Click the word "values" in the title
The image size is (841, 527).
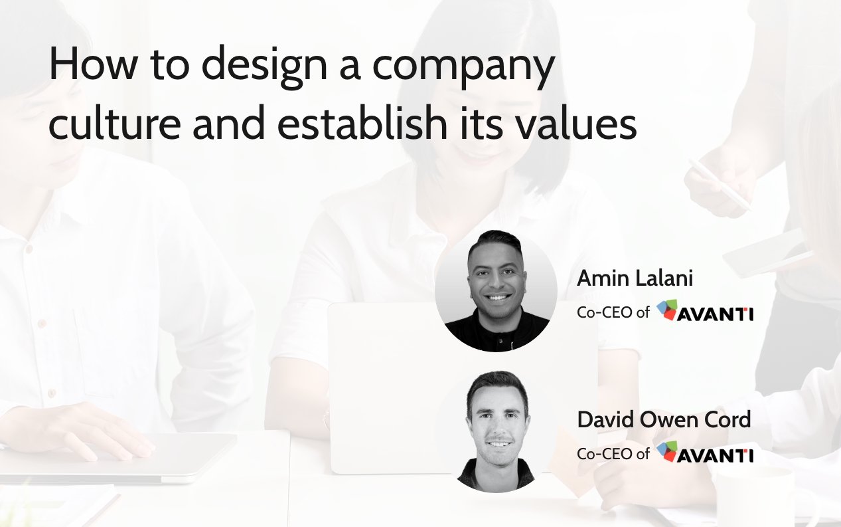(581, 124)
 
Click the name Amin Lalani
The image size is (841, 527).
(635, 278)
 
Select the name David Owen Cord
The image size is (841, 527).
(664, 419)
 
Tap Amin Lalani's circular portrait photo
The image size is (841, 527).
(496, 291)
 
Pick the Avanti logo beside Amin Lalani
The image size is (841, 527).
(705, 312)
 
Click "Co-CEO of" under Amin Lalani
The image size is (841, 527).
(613, 312)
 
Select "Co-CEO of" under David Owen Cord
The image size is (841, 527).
(613, 454)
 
